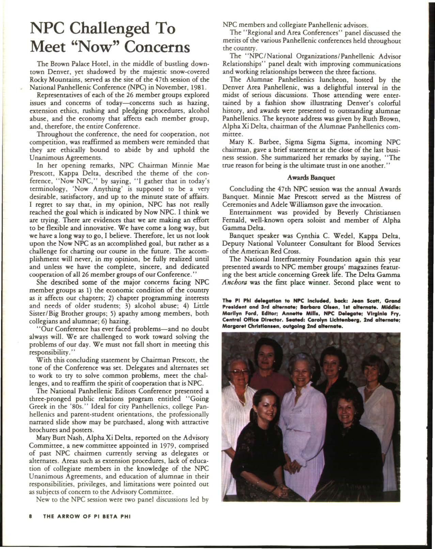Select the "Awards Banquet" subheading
click(x=311, y=178)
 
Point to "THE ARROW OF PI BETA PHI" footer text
click(x=87, y=525)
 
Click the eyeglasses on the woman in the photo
click(x=240, y=372)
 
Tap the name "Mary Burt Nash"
click(x=57, y=437)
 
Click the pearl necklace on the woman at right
click(x=373, y=387)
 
